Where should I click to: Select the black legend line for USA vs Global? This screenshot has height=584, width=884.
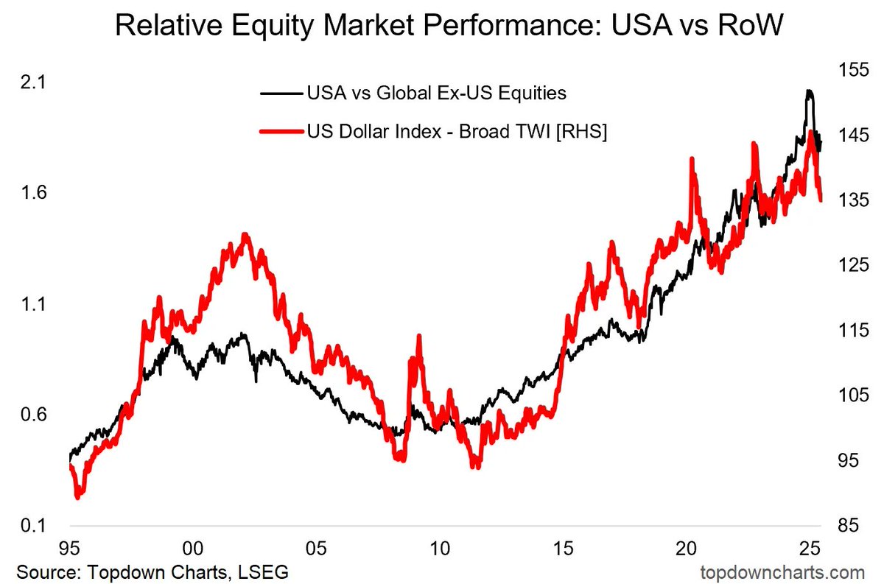[280, 94]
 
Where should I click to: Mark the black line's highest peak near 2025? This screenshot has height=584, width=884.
[810, 91]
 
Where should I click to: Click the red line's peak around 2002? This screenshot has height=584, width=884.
[245, 235]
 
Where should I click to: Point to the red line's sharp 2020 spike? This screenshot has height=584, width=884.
[692, 159]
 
